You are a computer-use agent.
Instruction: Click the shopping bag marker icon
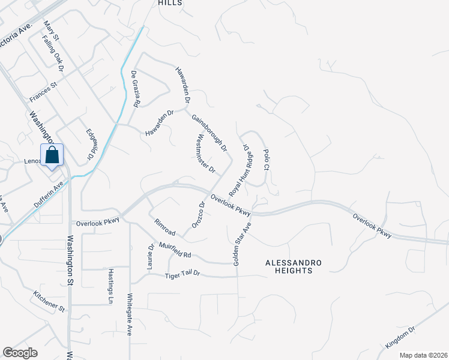click(x=53, y=155)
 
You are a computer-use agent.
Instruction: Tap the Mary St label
click(x=52, y=31)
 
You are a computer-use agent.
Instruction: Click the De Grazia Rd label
click(x=136, y=89)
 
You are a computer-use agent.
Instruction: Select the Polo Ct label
click(x=267, y=160)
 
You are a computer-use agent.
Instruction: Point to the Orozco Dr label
click(x=199, y=214)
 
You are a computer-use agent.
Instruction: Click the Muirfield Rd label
click(x=175, y=250)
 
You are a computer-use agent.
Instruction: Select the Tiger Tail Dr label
click(x=182, y=275)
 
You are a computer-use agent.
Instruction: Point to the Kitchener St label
click(x=50, y=302)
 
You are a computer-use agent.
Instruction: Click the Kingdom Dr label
click(x=400, y=338)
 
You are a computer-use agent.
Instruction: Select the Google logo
click(x=20, y=353)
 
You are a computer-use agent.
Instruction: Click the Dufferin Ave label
click(x=49, y=196)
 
